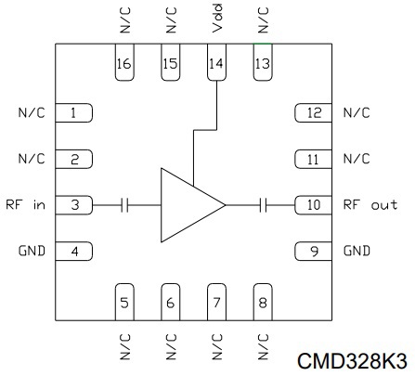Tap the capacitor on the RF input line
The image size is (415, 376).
click(x=124, y=205)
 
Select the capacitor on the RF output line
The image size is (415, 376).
click(x=263, y=205)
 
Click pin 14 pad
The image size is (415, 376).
click(x=216, y=62)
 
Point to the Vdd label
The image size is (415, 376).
click(x=217, y=18)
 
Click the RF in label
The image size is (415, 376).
click(x=25, y=204)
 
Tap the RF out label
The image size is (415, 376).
click(x=370, y=204)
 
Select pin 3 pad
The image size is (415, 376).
click(x=74, y=205)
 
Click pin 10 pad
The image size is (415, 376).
click(x=313, y=205)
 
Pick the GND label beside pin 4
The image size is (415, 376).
click(x=32, y=251)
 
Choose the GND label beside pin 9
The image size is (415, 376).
click(x=357, y=251)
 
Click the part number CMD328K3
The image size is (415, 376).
click(x=352, y=361)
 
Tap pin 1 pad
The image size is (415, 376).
click(x=74, y=113)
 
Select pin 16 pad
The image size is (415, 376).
click(x=124, y=62)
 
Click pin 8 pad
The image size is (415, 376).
click(x=263, y=302)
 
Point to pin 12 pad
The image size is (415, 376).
click(x=313, y=113)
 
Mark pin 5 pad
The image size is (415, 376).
click(x=124, y=302)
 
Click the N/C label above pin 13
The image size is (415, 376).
click(x=264, y=20)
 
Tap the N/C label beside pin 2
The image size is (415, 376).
click(x=32, y=159)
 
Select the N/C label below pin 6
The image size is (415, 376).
click(x=171, y=346)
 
